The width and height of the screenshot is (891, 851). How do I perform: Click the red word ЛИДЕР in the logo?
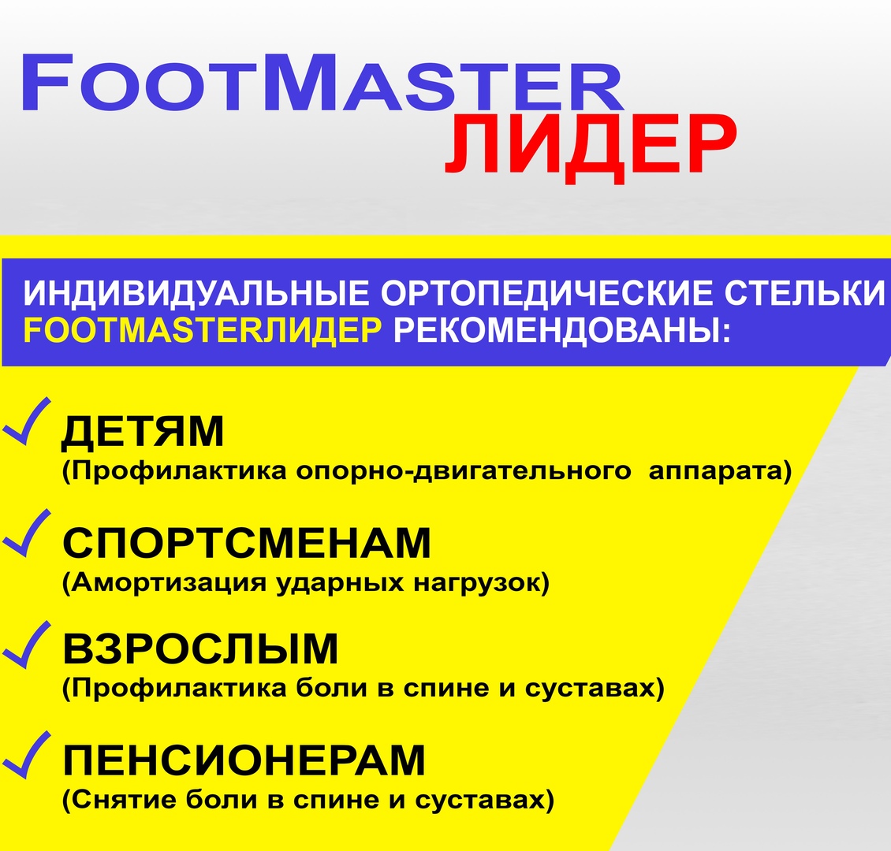[x=591, y=146]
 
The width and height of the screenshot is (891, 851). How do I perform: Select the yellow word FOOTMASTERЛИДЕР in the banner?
[x=203, y=330]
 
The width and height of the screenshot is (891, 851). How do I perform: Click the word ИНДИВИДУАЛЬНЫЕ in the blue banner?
[x=196, y=293]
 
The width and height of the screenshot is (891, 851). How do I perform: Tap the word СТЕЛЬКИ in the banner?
[x=804, y=293]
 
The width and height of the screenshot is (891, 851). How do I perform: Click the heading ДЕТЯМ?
[x=142, y=433]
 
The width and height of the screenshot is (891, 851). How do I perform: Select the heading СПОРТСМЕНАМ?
[x=247, y=543]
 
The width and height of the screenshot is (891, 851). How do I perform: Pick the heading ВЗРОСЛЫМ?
[x=200, y=648]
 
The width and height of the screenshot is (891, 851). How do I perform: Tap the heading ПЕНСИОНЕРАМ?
[x=244, y=760]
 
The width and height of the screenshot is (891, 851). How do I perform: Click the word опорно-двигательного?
[x=464, y=472]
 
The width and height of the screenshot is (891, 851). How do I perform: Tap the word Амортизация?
[x=169, y=583]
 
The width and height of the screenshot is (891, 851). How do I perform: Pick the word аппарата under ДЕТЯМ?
[x=715, y=472]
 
